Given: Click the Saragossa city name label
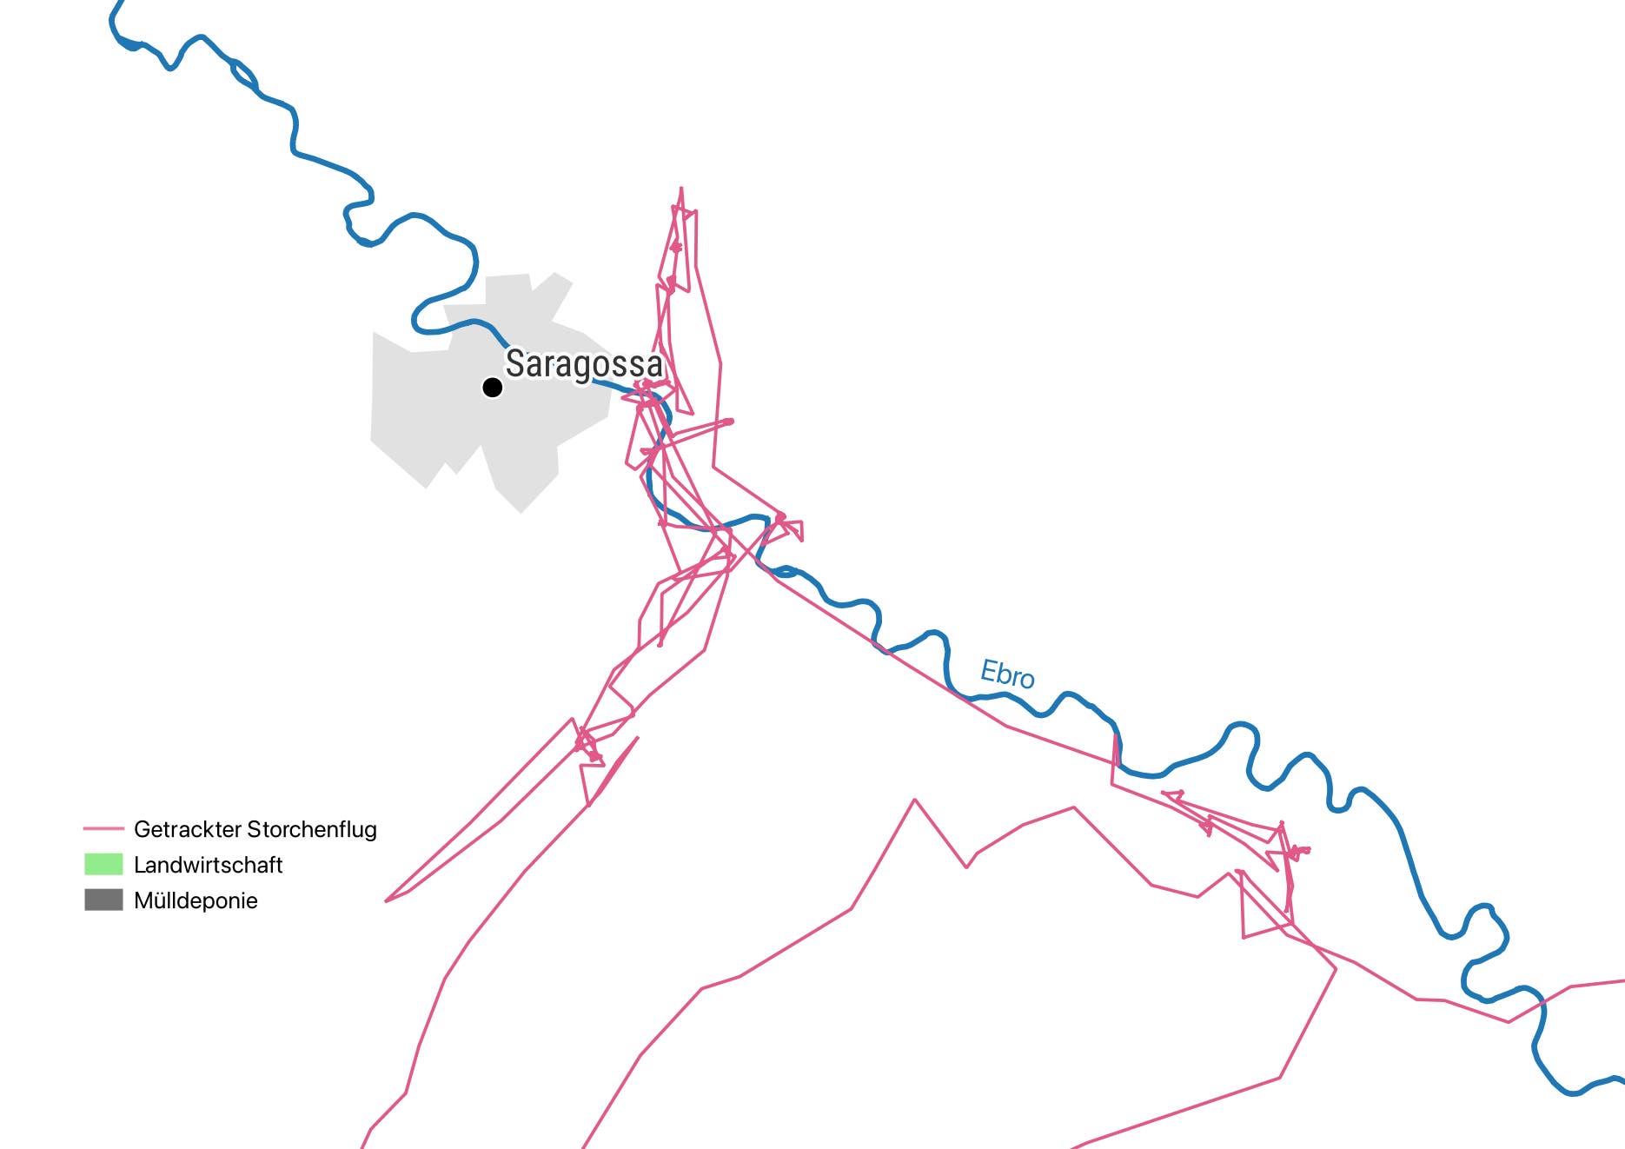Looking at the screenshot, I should click(x=583, y=365).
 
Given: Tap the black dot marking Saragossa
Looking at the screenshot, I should click(x=493, y=387).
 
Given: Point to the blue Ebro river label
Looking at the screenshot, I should click(x=1007, y=674).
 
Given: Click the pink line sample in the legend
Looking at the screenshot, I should click(x=103, y=829).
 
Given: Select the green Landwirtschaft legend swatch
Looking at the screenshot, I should click(x=103, y=865).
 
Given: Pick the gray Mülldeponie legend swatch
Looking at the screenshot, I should click(x=103, y=900).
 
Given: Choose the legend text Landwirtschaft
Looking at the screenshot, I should click(x=209, y=865).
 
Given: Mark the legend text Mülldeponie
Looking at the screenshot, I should click(x=196, y=900).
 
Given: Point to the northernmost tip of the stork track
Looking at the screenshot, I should click(x=681, y=188).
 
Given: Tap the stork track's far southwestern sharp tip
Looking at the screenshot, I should click(x=386, y=901).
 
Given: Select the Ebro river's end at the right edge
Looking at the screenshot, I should click(x=1622, y=1080).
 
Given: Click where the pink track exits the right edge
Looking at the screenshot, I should click(x=1622, y=981).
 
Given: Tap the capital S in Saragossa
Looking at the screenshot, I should click(x=515, y=365).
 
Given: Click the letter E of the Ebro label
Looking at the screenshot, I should click(x=988, y=670).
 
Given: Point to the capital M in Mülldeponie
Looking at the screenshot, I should click(x=143, y=900).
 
